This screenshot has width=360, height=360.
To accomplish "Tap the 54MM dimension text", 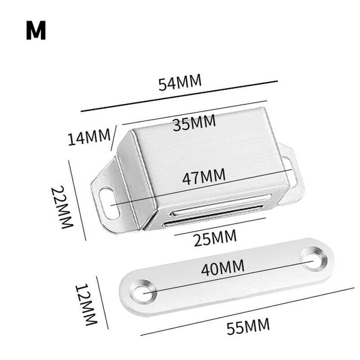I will (x=180, y=83).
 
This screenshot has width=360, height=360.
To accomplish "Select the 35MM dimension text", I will (x=194, y=122).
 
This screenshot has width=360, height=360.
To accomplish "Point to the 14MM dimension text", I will (x=89, y=137).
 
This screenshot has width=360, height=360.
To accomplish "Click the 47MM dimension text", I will (x=203, y=176).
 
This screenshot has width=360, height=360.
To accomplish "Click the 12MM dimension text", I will (x=85, y=305).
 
